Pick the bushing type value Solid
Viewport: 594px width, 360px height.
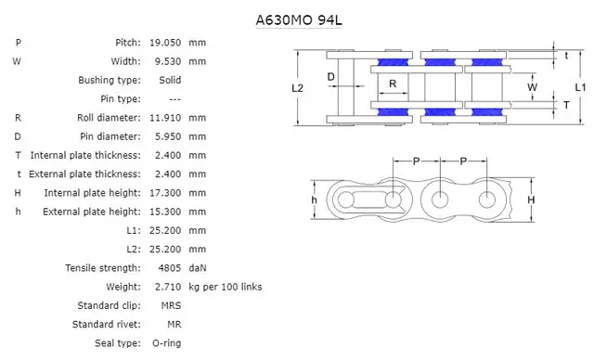coord(169,80)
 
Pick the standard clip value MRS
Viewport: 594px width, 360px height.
coord(171,305)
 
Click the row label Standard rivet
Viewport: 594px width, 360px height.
coord(106,325)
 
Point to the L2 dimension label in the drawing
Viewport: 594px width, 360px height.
coord(297,88)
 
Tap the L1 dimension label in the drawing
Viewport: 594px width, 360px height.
coord(579,86)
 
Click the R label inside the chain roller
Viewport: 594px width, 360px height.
coord(394,84)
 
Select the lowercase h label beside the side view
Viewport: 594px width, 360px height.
coord(314,199)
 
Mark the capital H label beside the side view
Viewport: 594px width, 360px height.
coord(531,199)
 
